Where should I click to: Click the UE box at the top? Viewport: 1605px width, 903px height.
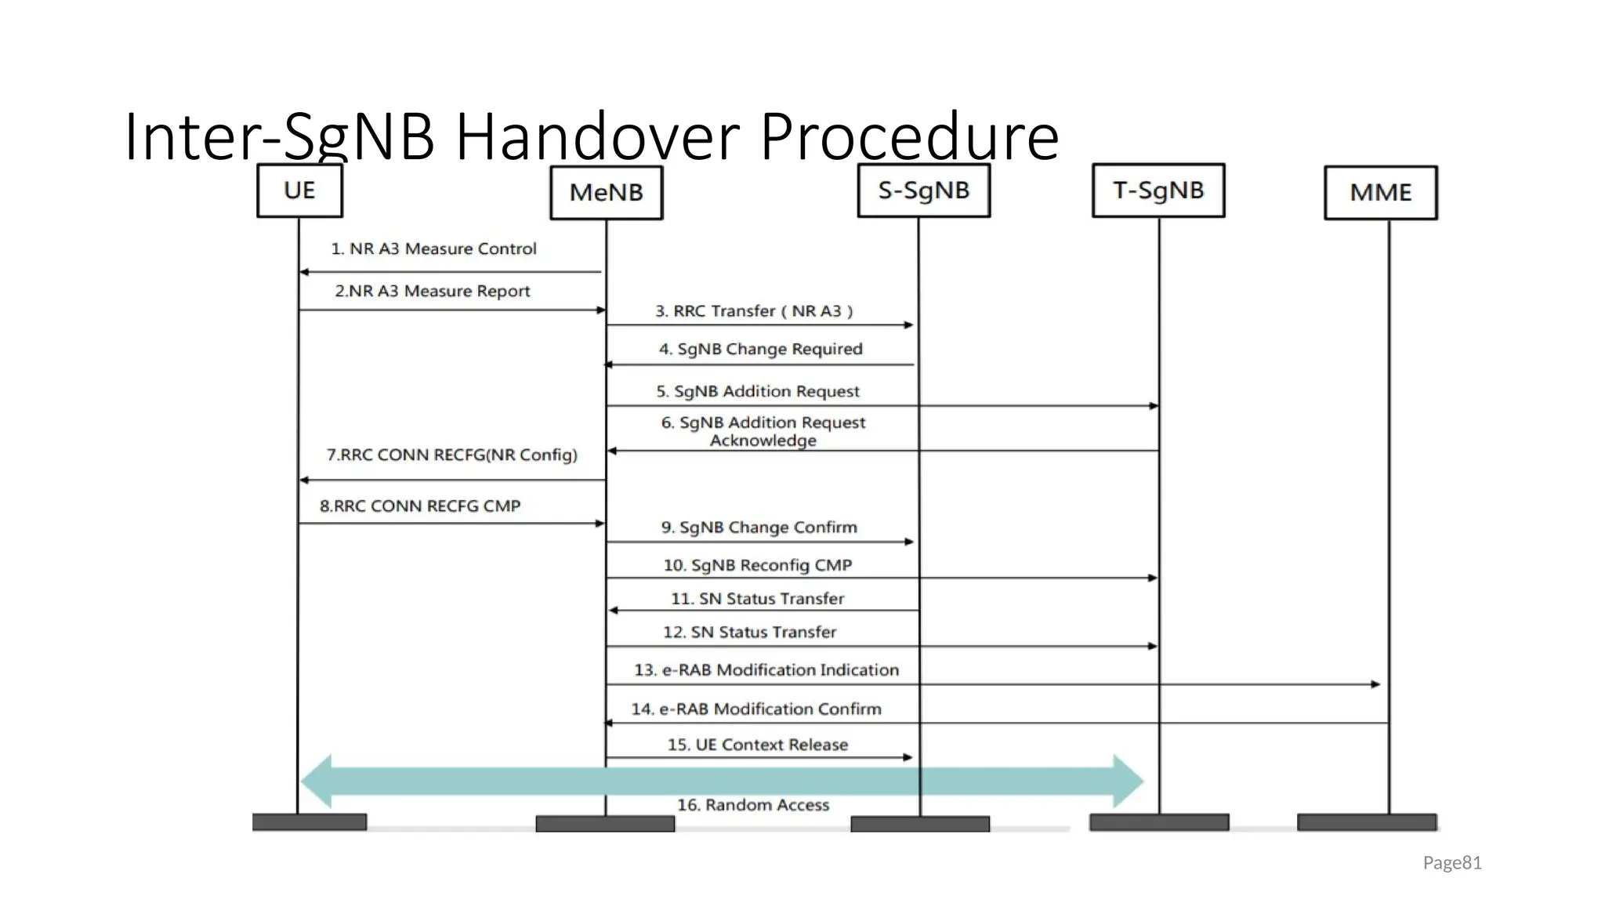click(299, 190)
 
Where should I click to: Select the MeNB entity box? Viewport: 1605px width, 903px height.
click(606, 193)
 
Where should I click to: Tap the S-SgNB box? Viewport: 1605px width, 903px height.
click(923, 190)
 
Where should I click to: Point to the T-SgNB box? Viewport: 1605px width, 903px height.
click(1158, 190)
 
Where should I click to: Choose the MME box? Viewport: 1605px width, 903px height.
click(1380, 193)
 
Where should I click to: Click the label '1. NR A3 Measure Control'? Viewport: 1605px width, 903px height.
click(433, 249)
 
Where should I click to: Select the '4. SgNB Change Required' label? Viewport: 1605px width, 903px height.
click(760, 350)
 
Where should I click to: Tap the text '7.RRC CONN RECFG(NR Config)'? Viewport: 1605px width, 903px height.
click(451, 455)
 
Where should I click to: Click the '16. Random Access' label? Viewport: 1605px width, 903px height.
click(752, 805)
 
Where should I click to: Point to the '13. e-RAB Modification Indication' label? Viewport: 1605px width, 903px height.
click(766, 670)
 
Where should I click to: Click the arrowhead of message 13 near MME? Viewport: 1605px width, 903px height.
click(1375, 684)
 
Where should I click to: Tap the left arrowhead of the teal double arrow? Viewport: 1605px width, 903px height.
click(317, 782)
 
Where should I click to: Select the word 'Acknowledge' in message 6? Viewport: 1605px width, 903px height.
click(763, 441)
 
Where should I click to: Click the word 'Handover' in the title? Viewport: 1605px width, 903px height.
click(597, 137)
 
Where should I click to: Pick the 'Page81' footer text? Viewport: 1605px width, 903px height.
click(1451, 863)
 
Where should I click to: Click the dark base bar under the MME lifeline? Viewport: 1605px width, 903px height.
click(1367, 822)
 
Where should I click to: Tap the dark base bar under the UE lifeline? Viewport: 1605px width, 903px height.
click(309, 822)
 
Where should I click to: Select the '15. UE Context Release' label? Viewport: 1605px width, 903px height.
click(757, 745)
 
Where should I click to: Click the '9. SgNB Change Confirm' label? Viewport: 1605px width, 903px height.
click(759, 528)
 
